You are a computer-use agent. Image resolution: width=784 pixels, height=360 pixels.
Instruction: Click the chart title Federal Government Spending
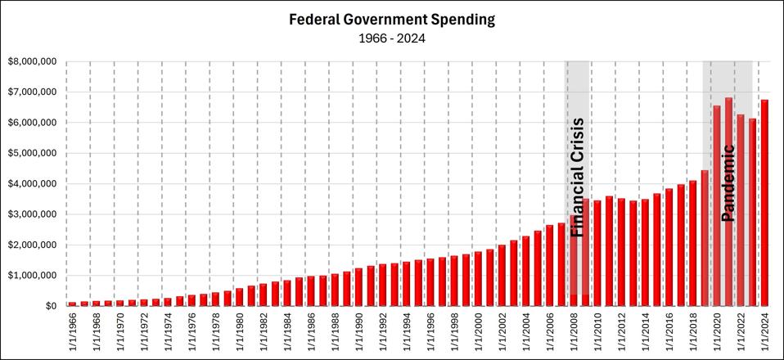coord(392,19)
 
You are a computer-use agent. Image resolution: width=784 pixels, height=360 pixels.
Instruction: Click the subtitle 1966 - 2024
coord(392,37)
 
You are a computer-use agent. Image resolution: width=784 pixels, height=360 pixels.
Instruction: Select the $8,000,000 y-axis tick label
coord(33,61)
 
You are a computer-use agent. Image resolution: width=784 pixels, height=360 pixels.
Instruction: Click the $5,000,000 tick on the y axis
coord(33,153)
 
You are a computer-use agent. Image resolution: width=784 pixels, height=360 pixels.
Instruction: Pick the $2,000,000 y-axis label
coord(33,245)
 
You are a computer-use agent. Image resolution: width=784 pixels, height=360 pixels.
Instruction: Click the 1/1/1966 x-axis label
coord(72,331)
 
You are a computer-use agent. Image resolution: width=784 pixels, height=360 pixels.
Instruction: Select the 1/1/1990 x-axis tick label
coord(358,331)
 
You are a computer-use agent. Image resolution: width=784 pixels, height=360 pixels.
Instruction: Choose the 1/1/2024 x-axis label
coord(765,331)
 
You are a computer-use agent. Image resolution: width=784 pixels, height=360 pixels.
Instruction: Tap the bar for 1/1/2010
coord(597,254)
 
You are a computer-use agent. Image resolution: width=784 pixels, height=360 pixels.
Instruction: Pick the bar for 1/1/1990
coord(358,287)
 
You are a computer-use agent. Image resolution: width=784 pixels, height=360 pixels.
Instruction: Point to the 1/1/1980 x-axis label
coord(239,331)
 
